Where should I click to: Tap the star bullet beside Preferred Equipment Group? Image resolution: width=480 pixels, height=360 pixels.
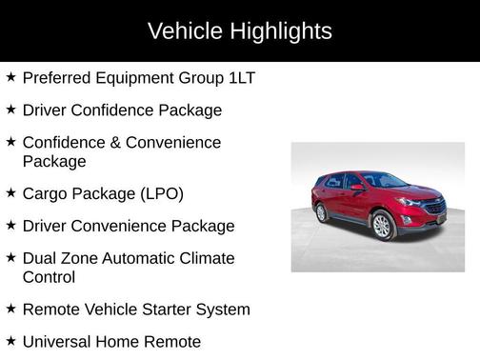click(x=10, y=76)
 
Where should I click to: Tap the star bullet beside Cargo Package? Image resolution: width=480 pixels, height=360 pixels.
click(x=10, y=192)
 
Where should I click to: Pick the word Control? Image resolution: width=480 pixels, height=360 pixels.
click(x=49, y=278)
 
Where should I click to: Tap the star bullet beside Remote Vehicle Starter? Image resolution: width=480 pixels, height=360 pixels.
click(x=10, y=309)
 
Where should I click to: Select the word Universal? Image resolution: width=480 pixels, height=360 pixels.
click(x=58, y=341)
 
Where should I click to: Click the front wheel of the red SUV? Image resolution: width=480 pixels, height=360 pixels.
click(x=382, y=226)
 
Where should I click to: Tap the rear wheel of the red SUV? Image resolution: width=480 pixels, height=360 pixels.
click(x=320, y=211)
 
